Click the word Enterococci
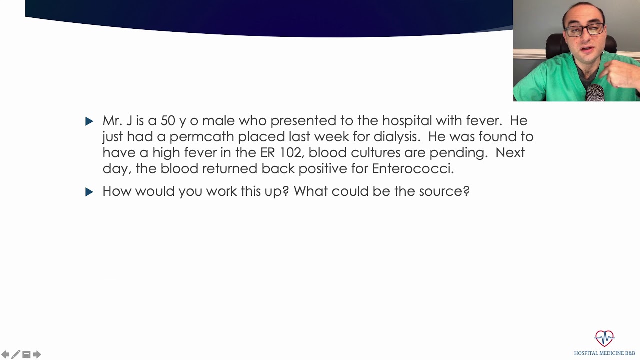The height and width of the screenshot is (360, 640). [412, 169]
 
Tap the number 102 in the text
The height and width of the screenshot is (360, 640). [290, 153]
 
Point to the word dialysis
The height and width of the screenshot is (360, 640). [395, 137]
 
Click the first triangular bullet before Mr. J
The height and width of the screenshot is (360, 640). [89, 121]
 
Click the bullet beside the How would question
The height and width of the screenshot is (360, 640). [89, 192]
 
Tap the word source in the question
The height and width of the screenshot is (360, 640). [441, 191]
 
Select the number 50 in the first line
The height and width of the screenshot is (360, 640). [168, 121]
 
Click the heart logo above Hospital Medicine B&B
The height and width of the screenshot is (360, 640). [604, 338]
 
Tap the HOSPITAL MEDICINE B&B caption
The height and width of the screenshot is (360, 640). [604, 353]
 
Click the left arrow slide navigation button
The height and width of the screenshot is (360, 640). [5, 354]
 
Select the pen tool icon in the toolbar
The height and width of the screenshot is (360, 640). [16, 354]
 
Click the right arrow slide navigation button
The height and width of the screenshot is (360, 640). [37, 354]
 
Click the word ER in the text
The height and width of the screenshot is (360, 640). [267, 153]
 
